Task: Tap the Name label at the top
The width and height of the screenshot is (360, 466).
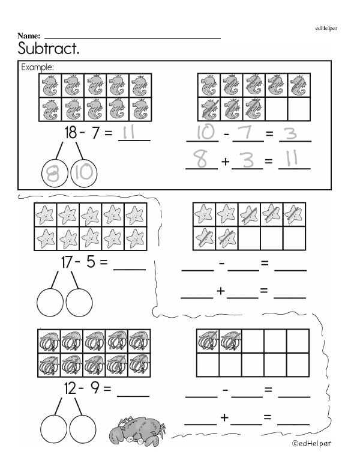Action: coord(29,36)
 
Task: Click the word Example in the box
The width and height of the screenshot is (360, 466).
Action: coord(38,67)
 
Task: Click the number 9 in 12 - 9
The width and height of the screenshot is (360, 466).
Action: coord(95,389)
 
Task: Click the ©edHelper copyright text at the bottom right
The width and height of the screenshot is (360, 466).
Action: coord(312,443)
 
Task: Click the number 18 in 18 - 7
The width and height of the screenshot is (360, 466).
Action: coord(71,133)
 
